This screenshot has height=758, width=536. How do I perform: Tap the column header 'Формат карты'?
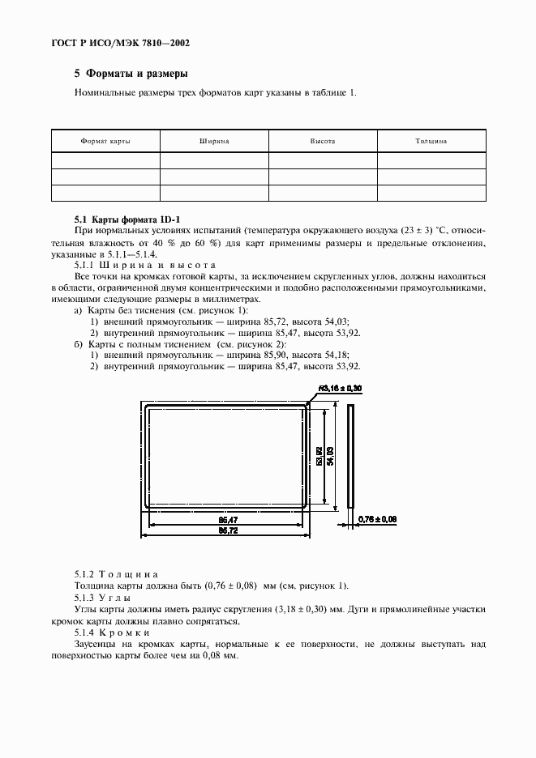[105, 141]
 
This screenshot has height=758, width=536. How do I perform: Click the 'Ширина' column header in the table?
[214, 141]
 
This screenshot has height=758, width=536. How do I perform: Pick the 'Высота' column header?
[323, 141]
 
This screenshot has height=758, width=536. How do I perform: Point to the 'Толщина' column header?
[431, 141]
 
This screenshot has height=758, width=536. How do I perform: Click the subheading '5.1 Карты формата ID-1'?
[127, 219]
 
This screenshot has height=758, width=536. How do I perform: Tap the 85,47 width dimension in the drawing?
[228, 519]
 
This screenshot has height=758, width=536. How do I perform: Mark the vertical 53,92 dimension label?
[319, 456]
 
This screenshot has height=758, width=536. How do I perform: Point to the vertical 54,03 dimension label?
[330, 456]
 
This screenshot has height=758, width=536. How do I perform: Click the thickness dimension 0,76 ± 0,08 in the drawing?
[377, 518]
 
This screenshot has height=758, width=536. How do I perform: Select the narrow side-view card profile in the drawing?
[350, 456]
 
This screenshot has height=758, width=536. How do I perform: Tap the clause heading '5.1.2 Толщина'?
[116, 573]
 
